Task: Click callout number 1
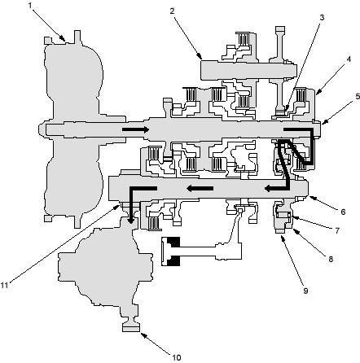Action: tap(30, 6)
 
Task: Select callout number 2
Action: tap(172, 11)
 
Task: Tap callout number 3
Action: tap(322, 18)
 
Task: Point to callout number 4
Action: tap(349, 59)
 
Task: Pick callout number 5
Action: tap(358, 97)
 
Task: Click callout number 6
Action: tap(343, 212)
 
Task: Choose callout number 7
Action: tap(337, 230)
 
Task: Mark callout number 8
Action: tap(331, 259)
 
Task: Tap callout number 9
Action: tap(305, 291)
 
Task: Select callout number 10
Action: tap(177, 357)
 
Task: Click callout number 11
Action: tap(5, 285)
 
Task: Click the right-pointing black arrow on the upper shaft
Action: tap(135, 129)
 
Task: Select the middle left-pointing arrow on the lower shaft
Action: tap(200, 188)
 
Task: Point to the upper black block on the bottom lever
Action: tap(173, 242)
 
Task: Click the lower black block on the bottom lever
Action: tap(173, 260)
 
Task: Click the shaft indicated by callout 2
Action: tap(248, 70)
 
